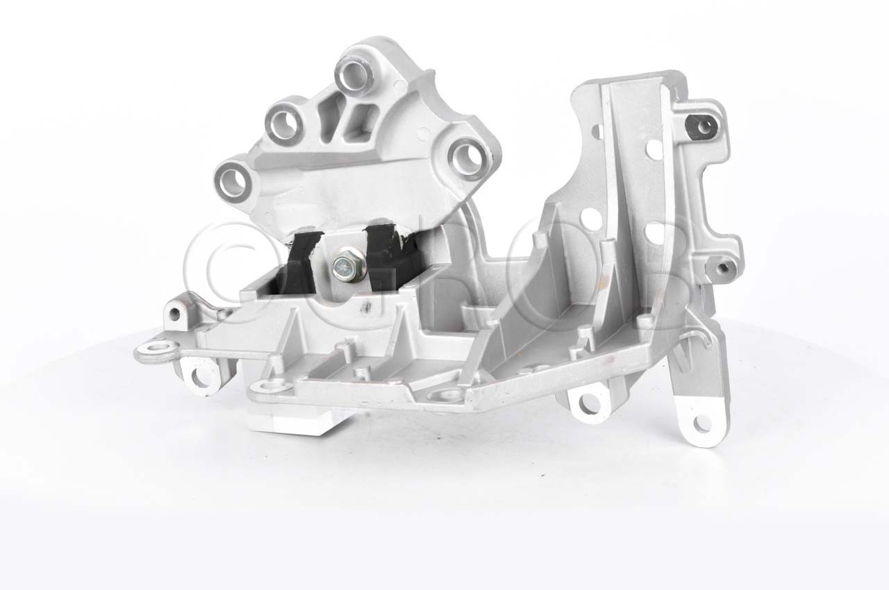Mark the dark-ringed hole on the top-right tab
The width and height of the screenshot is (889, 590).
704,126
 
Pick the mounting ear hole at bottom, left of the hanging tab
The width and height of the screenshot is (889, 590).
585,401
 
